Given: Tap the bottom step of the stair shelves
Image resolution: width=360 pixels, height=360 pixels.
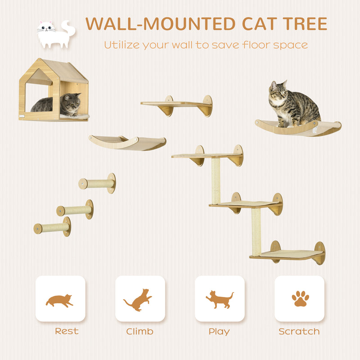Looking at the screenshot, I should pyautogui.click(x=288, y=255).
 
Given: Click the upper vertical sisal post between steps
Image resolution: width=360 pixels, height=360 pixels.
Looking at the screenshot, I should pyautogui.click(x=216, y=180).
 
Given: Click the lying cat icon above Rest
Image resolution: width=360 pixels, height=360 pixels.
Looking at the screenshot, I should pyautogui.click(x=60, y=300).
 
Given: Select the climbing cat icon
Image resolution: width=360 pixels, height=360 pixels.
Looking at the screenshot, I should pyautogui.click(x=139, y=299).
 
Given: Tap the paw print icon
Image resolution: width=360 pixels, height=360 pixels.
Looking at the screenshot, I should pyautogui.click(x=300, y=298).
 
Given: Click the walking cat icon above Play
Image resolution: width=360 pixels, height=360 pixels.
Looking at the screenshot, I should pyautogui.click(x=220, y=299).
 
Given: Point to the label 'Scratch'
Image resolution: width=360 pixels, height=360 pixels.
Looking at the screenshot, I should pyautogui.click(x=299, y=332).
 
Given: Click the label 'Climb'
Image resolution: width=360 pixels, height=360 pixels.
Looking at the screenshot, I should pyautogui.click(x=139, y=332).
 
